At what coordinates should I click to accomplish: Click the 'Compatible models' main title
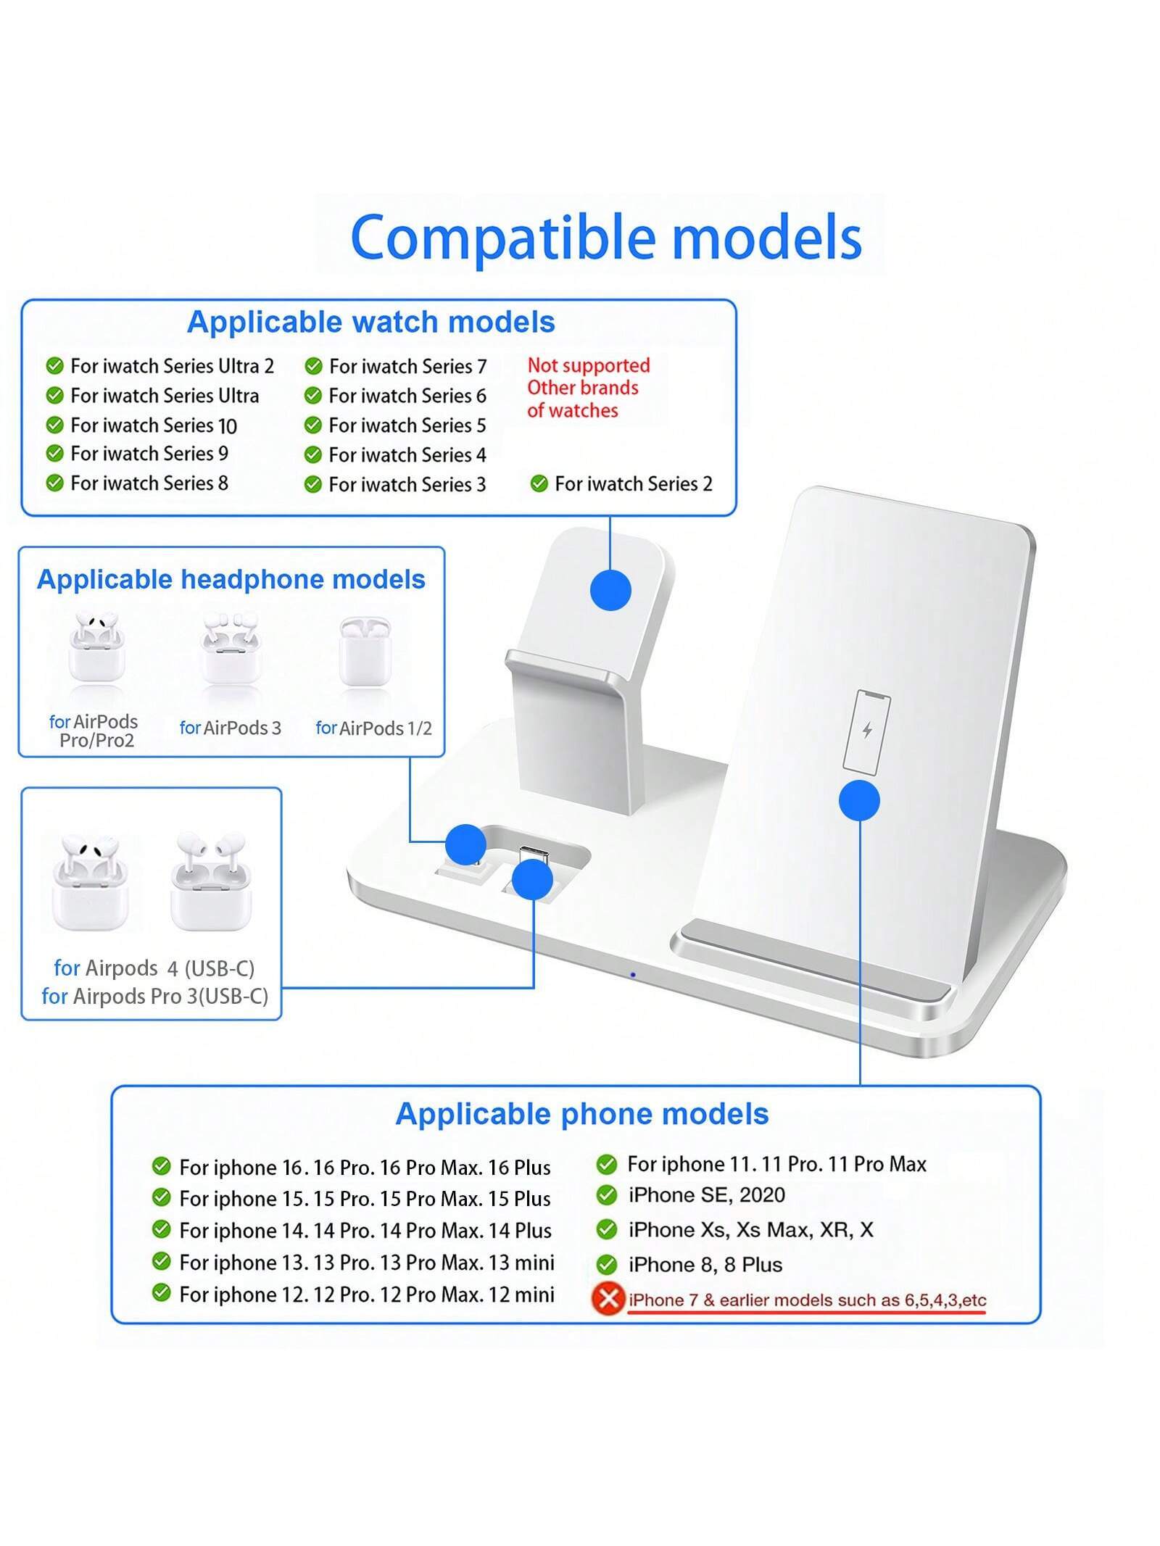tap(605, 238)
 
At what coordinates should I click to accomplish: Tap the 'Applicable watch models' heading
tap(370, 322)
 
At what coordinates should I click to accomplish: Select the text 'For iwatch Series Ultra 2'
tap(172, 366)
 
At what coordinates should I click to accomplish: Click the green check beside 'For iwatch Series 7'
tap(313, 367)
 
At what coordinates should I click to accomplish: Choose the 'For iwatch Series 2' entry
tap(633, 483)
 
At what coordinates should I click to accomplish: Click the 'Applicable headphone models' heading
tap(231, 579)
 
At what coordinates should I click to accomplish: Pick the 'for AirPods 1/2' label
tap(373, 728)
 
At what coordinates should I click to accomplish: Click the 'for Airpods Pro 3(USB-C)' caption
tap(155, 996)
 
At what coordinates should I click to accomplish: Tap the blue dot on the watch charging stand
tap(610, 590)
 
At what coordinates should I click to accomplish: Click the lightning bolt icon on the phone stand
tap(866, 730)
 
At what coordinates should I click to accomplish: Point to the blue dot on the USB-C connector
tap(532, 879)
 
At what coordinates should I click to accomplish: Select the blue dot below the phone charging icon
tap(859, 801)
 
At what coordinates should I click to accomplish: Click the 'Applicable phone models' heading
tap(581, 1114)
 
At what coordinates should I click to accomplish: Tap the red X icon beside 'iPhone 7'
tap(608, 1298)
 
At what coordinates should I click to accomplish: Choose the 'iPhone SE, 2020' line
tap(706, 1194)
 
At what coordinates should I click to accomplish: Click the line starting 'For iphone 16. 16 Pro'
tap(365, 1167)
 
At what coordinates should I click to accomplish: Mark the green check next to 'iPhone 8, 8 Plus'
tap(606, 1265)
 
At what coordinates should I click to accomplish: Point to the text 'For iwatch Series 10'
tap(154, 425)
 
